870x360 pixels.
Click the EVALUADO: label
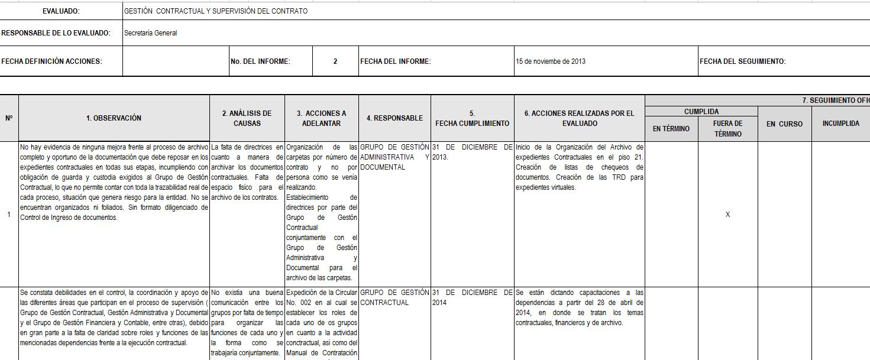(61, 11)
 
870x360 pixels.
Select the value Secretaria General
(151, 33)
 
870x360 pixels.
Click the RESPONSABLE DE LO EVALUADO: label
(56, 33)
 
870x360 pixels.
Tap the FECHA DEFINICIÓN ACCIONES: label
(51, 61)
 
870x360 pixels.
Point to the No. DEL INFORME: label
(260, 61)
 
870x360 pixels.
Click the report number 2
(335, 61)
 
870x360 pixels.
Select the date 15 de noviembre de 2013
(551, 61)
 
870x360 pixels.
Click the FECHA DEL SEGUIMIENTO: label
(742, 61)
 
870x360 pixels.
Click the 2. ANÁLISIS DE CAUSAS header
(247, 118)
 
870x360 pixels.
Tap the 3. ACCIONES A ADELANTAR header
(322, 118)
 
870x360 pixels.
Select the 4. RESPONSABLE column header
(394, 118)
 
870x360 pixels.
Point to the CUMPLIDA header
(701, 111)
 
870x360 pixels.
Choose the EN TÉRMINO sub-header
(671, 129)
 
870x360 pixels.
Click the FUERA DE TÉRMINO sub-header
(727, 129)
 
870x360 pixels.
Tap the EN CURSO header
(784, 124)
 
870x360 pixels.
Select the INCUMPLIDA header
(840, 124)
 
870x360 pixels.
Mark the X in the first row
(727, 215)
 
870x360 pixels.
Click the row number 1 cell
(9, 214)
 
